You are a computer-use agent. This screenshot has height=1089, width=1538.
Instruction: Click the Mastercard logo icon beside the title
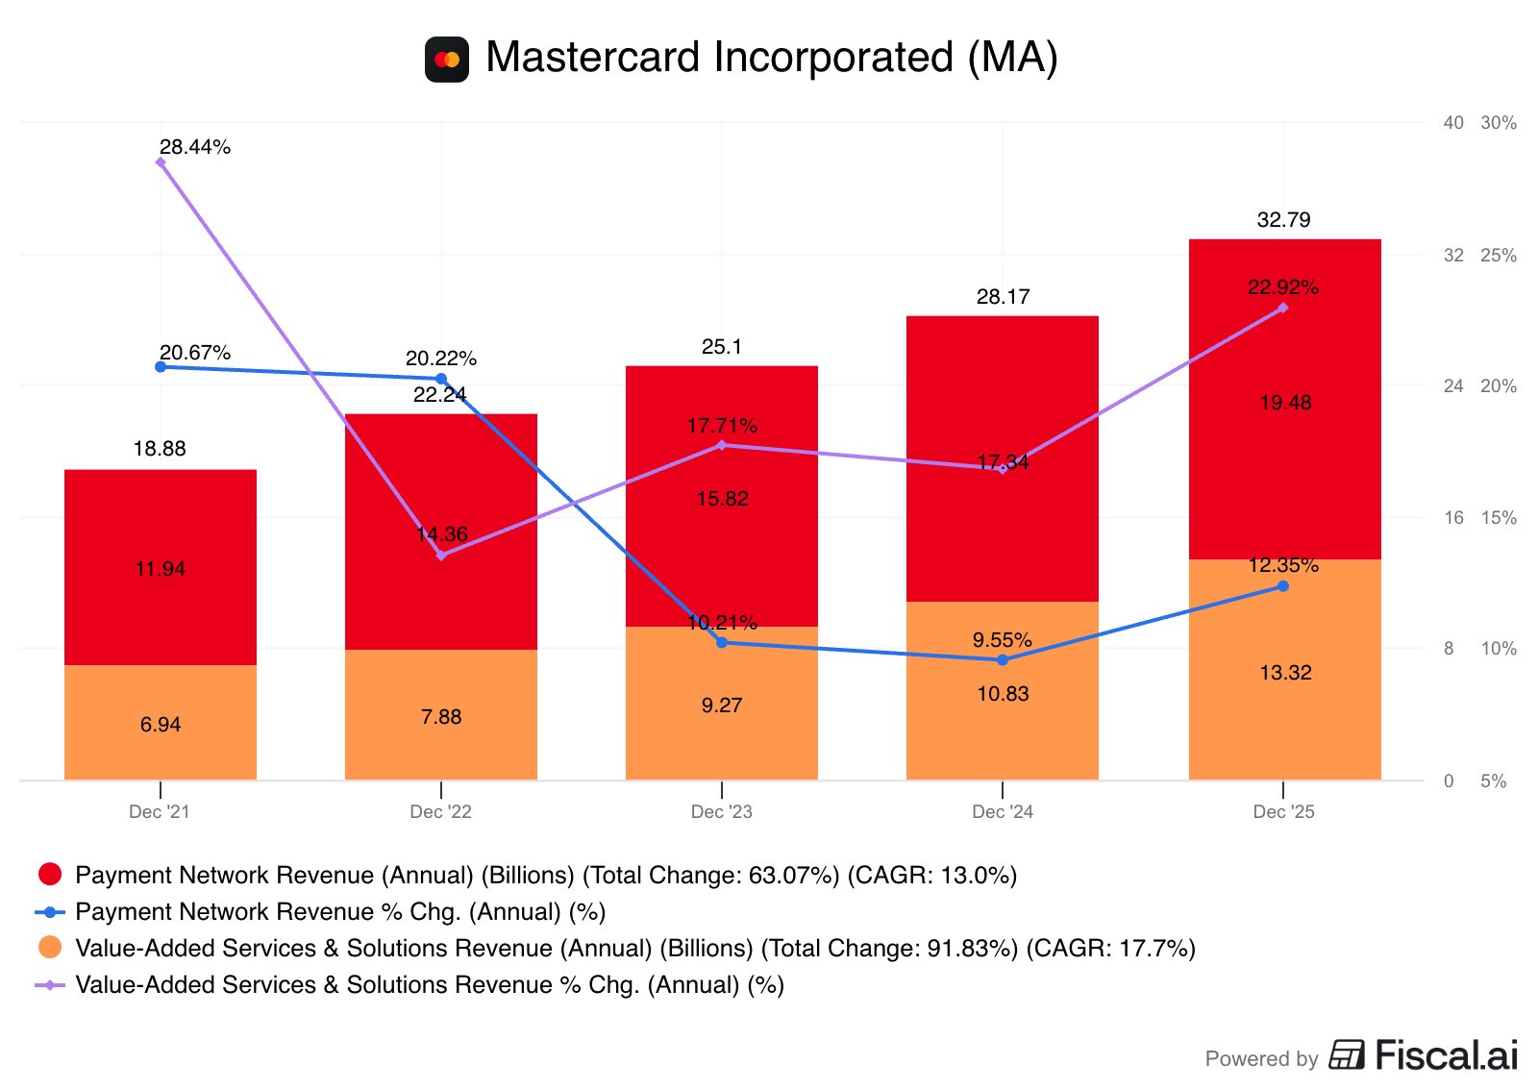(x=446, y=60)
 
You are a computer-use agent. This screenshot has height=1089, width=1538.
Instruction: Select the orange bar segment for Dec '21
(x=160, y=722)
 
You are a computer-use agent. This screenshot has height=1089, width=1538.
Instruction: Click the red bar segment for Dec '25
(x=1284, y=399)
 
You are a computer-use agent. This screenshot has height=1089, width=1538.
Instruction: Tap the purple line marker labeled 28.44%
(x=161, y=162)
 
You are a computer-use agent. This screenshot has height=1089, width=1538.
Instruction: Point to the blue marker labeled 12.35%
(x=1282, y=586)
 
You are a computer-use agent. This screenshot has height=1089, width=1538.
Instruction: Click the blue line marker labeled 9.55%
(x=1003, y=660)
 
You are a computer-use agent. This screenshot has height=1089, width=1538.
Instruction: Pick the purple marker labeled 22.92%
(x=1282, y=308)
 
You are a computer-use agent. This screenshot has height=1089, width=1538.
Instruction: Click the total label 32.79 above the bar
(x=1283, y=220)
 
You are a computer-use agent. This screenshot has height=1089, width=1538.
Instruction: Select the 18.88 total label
(x=160, y=448)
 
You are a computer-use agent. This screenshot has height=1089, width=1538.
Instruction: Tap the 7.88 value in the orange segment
(x=441, y=717)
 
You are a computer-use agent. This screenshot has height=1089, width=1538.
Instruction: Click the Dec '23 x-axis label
(x=721, y=811)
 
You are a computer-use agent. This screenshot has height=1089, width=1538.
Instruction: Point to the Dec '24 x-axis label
(x=1002, y=811)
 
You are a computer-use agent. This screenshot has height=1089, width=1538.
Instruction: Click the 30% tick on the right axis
(x=1499, y=123)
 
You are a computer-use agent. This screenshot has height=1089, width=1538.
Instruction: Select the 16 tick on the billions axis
(x=1452, y=518)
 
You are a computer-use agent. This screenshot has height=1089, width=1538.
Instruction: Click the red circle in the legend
(x=50, y=874)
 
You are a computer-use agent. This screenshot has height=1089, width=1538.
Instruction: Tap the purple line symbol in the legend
(x=50, y=984)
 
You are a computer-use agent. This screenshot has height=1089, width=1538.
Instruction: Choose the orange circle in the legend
(x=50, y=948)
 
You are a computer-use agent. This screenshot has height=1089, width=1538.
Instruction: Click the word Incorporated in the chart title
(x=833, y=57)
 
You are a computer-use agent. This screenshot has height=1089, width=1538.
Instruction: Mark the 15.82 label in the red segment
(x=722, y=499)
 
